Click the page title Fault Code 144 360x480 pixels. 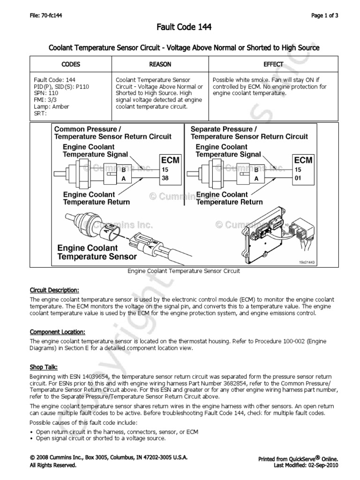(x=183, y=28)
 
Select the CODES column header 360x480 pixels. (x=71, y=64)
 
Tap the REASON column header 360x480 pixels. (x=160, y=64)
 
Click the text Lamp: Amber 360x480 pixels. (x=52, y=107)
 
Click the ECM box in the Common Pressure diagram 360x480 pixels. (x=170, y=160)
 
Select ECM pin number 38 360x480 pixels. (x=165, y=178)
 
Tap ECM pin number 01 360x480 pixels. (x=298, y=178)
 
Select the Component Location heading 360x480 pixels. (x=57, y=332)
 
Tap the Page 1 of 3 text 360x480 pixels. (x=325, y=15)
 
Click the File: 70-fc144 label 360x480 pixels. (x=46, y=15)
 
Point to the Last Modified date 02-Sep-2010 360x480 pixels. (x=312, y=465)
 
